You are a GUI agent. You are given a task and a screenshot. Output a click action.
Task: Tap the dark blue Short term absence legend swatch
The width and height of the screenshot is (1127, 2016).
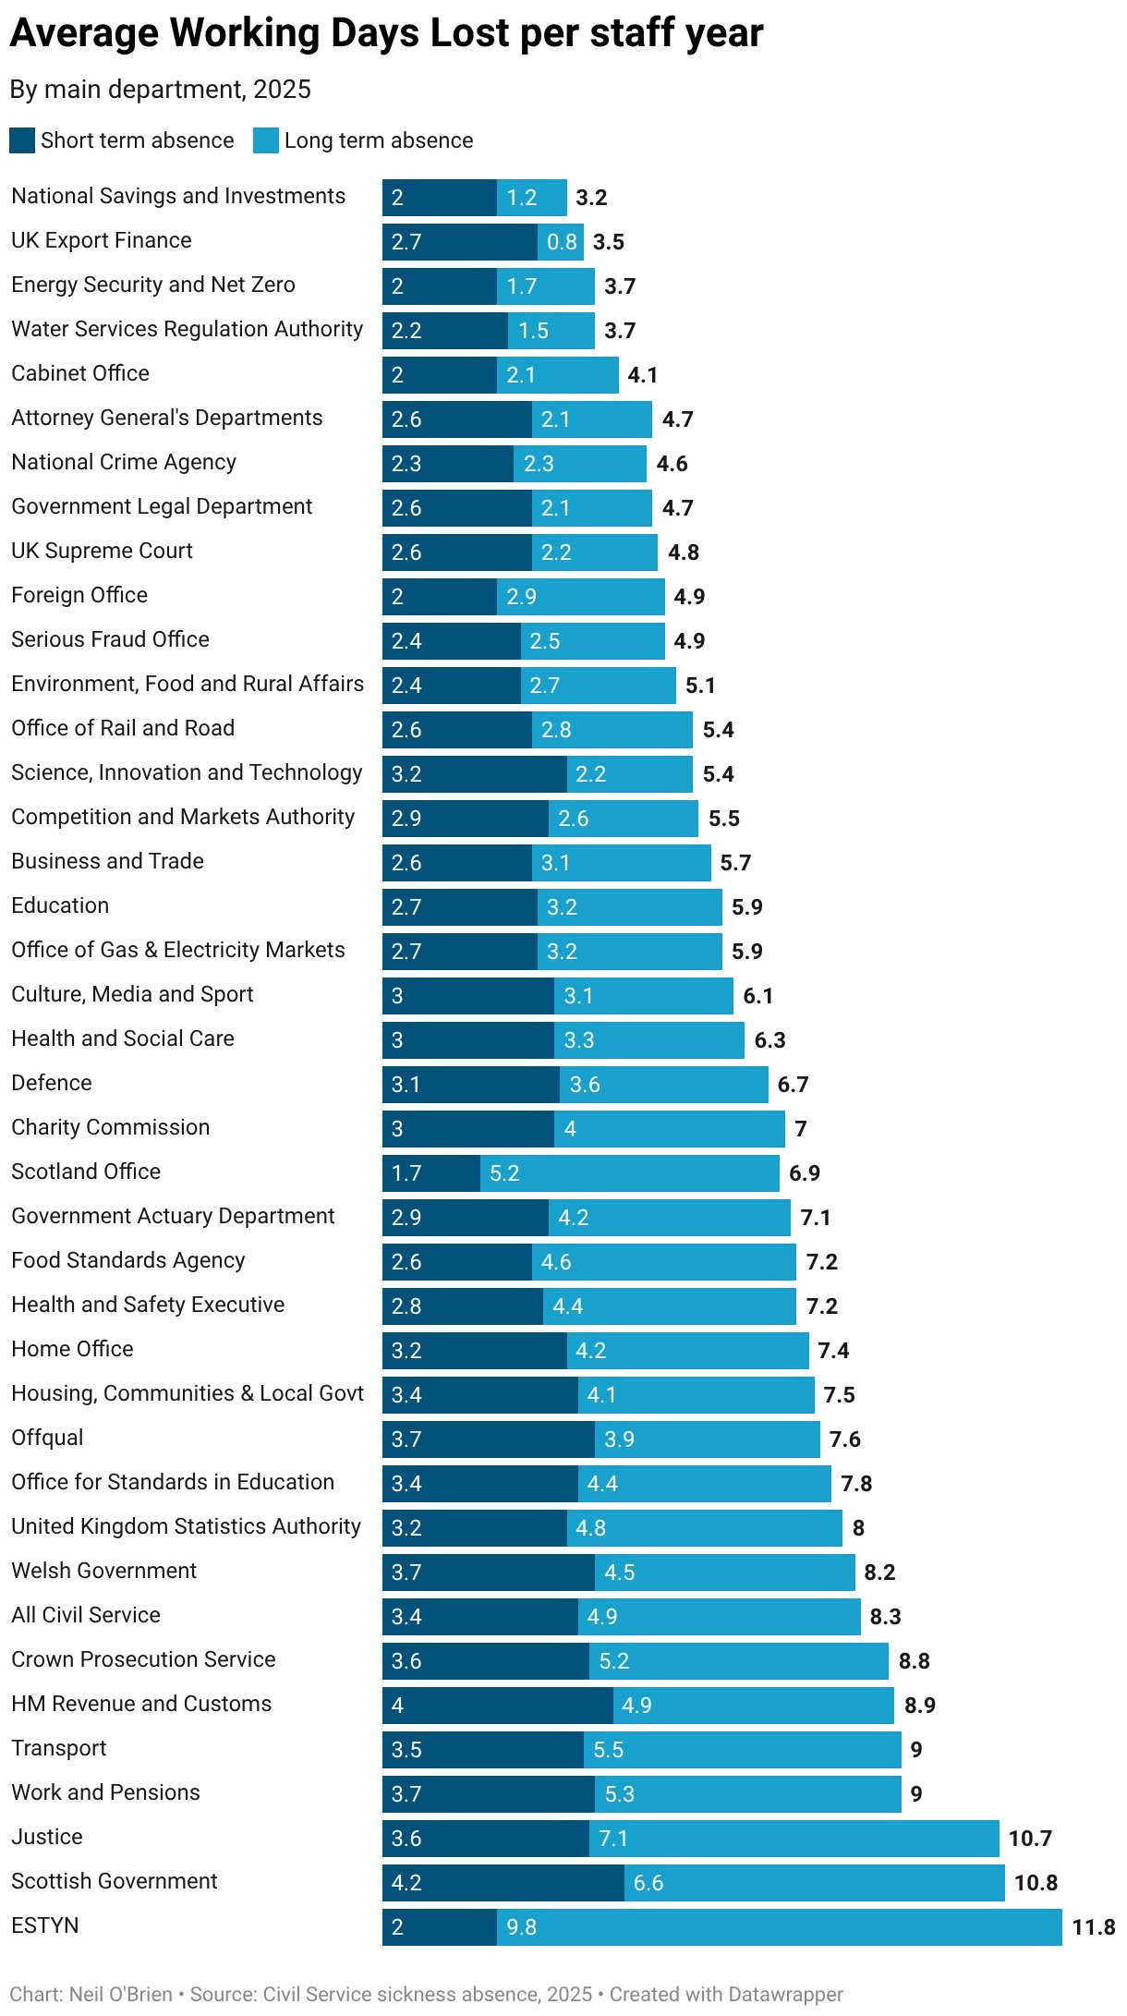[x=22, y=140]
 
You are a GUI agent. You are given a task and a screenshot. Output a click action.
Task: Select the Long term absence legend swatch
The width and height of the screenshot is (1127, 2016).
[x=266, y=140]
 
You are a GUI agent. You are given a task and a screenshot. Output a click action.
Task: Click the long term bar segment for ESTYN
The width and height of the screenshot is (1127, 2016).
[x=779, y=1926]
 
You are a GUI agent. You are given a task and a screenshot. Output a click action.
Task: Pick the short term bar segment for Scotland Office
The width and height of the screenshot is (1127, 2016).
[x=430, y=1172]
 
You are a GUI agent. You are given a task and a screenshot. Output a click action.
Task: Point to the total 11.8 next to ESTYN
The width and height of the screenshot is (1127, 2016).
[x=1093, y=1926]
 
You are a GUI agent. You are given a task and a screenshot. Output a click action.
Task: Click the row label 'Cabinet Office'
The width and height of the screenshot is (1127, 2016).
[x=80, y=373]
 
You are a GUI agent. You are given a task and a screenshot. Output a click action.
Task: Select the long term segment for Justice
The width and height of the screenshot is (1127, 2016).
[x=794, y=1838]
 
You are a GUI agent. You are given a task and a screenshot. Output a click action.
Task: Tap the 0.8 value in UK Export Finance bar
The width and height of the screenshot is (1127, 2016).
[x=562, y=242]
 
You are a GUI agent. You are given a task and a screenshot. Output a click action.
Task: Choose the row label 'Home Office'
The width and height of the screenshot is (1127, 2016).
[x=72, y=1349]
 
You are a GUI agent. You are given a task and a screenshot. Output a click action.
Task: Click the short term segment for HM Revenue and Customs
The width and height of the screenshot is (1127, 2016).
[x=497, y=1705]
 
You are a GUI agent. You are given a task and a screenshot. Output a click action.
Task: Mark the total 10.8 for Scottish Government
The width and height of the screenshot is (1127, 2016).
[x=1036, y=1882]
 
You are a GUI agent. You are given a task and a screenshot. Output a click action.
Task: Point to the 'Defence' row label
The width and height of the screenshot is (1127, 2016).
[x=52, y=1083]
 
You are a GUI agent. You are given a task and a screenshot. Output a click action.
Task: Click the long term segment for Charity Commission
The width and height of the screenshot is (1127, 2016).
[x=669, y=1128]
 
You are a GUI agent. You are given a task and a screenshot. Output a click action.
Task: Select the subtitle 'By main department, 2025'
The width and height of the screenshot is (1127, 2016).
[x=161, y=90]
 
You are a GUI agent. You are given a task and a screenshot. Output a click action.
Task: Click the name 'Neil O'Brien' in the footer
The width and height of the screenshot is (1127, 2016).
[x=121, y=1994]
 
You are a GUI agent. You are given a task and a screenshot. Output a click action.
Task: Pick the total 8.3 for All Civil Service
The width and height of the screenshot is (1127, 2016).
[x=885, y=1616]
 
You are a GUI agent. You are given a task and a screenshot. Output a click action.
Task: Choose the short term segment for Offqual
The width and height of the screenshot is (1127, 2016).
[x=488, y=1439]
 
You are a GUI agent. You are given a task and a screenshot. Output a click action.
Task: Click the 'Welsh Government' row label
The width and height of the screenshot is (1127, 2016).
[x=104, y=1571]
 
